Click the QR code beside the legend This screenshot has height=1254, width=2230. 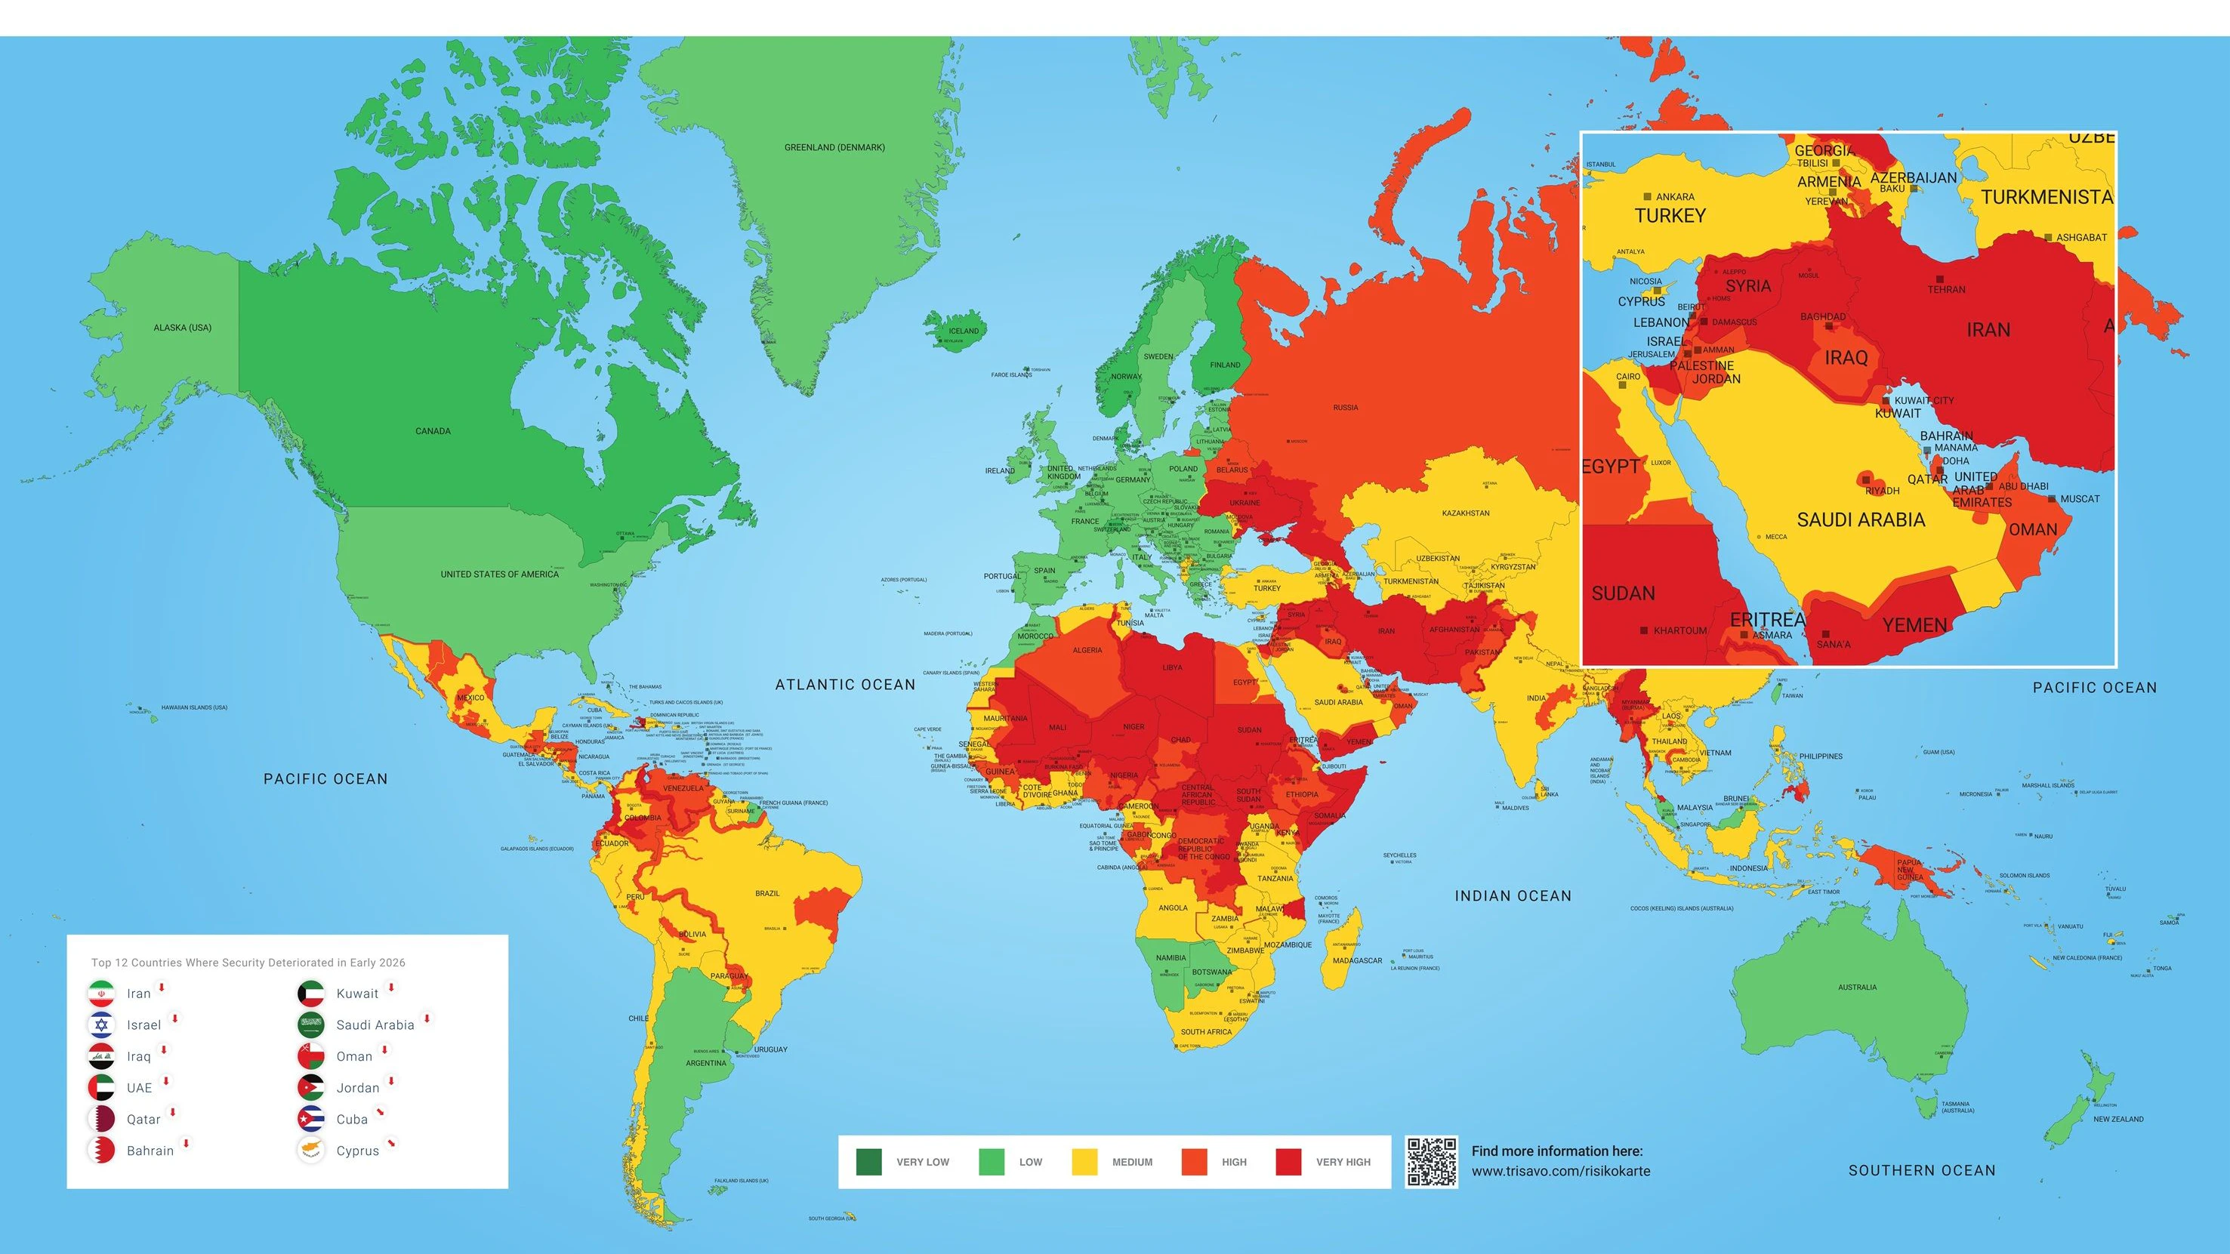1431,1161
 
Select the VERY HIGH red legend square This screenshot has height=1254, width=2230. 1288,1161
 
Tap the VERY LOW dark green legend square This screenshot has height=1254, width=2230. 868,1161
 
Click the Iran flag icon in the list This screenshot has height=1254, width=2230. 101,994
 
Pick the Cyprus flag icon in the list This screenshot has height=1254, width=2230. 311,1150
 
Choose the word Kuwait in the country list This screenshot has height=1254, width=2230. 357,994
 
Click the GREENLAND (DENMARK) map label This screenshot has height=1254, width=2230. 834,147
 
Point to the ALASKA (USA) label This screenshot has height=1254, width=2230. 182,327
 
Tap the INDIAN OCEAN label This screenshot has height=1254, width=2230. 1513,895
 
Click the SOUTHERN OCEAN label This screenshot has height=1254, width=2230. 1922,1170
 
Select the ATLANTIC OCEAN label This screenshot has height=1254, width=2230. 845,685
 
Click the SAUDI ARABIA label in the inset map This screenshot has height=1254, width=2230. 1861,519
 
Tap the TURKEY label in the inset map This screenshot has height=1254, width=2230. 1670,215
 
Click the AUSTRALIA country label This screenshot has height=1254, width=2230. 1857,987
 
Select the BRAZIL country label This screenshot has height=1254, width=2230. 767,893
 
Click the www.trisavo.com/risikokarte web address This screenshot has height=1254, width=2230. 1560,1171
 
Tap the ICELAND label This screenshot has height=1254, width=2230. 964,331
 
